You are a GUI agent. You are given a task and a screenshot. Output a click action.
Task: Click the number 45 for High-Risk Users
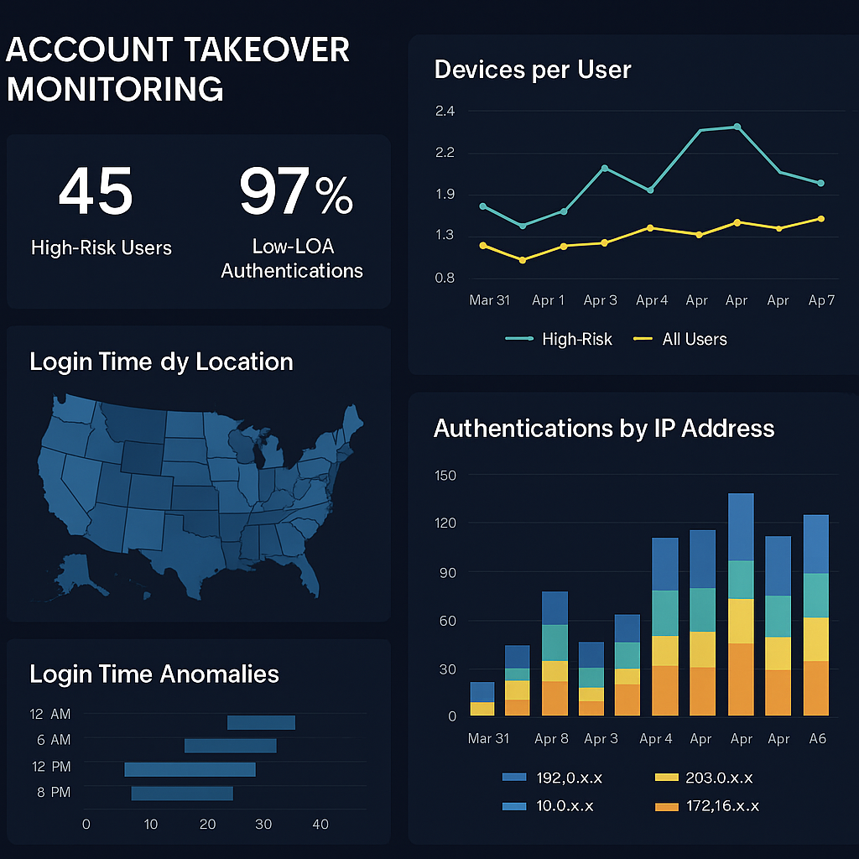95,191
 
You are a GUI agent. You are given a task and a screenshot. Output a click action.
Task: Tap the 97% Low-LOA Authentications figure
295,192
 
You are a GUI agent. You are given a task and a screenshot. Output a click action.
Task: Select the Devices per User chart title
532,70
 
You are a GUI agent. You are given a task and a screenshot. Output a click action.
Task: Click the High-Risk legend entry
576,340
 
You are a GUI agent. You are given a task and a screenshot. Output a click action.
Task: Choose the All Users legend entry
694,340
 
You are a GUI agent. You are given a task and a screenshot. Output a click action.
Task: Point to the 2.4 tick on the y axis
444,112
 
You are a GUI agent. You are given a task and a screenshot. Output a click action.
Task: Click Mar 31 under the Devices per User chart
489,300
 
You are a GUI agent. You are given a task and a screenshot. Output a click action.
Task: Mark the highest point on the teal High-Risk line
737,127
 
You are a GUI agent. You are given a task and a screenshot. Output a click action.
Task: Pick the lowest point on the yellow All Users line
523,260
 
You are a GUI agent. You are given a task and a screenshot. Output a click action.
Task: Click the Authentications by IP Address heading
603,429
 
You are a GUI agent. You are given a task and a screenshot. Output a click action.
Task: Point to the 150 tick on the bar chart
445,476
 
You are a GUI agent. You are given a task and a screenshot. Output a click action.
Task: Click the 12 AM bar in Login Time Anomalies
261,722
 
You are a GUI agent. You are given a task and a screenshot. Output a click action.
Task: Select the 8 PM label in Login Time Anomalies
54,793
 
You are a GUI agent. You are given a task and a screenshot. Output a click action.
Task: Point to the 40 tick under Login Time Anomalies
320,825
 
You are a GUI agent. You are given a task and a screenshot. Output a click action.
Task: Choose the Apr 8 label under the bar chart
551,739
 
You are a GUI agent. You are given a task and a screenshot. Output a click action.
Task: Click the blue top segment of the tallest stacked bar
742,526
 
